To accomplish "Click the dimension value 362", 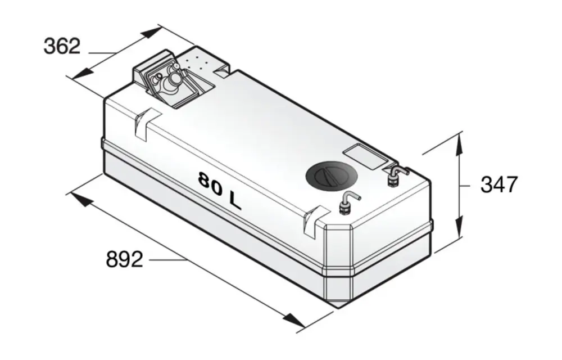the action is [62, 46].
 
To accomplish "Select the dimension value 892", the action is [124, 259].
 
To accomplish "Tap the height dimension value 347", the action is [499, 184].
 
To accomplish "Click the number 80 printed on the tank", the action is [211, 183].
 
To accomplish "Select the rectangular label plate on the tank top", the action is [365, 156].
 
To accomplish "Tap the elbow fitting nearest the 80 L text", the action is [347, 204].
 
